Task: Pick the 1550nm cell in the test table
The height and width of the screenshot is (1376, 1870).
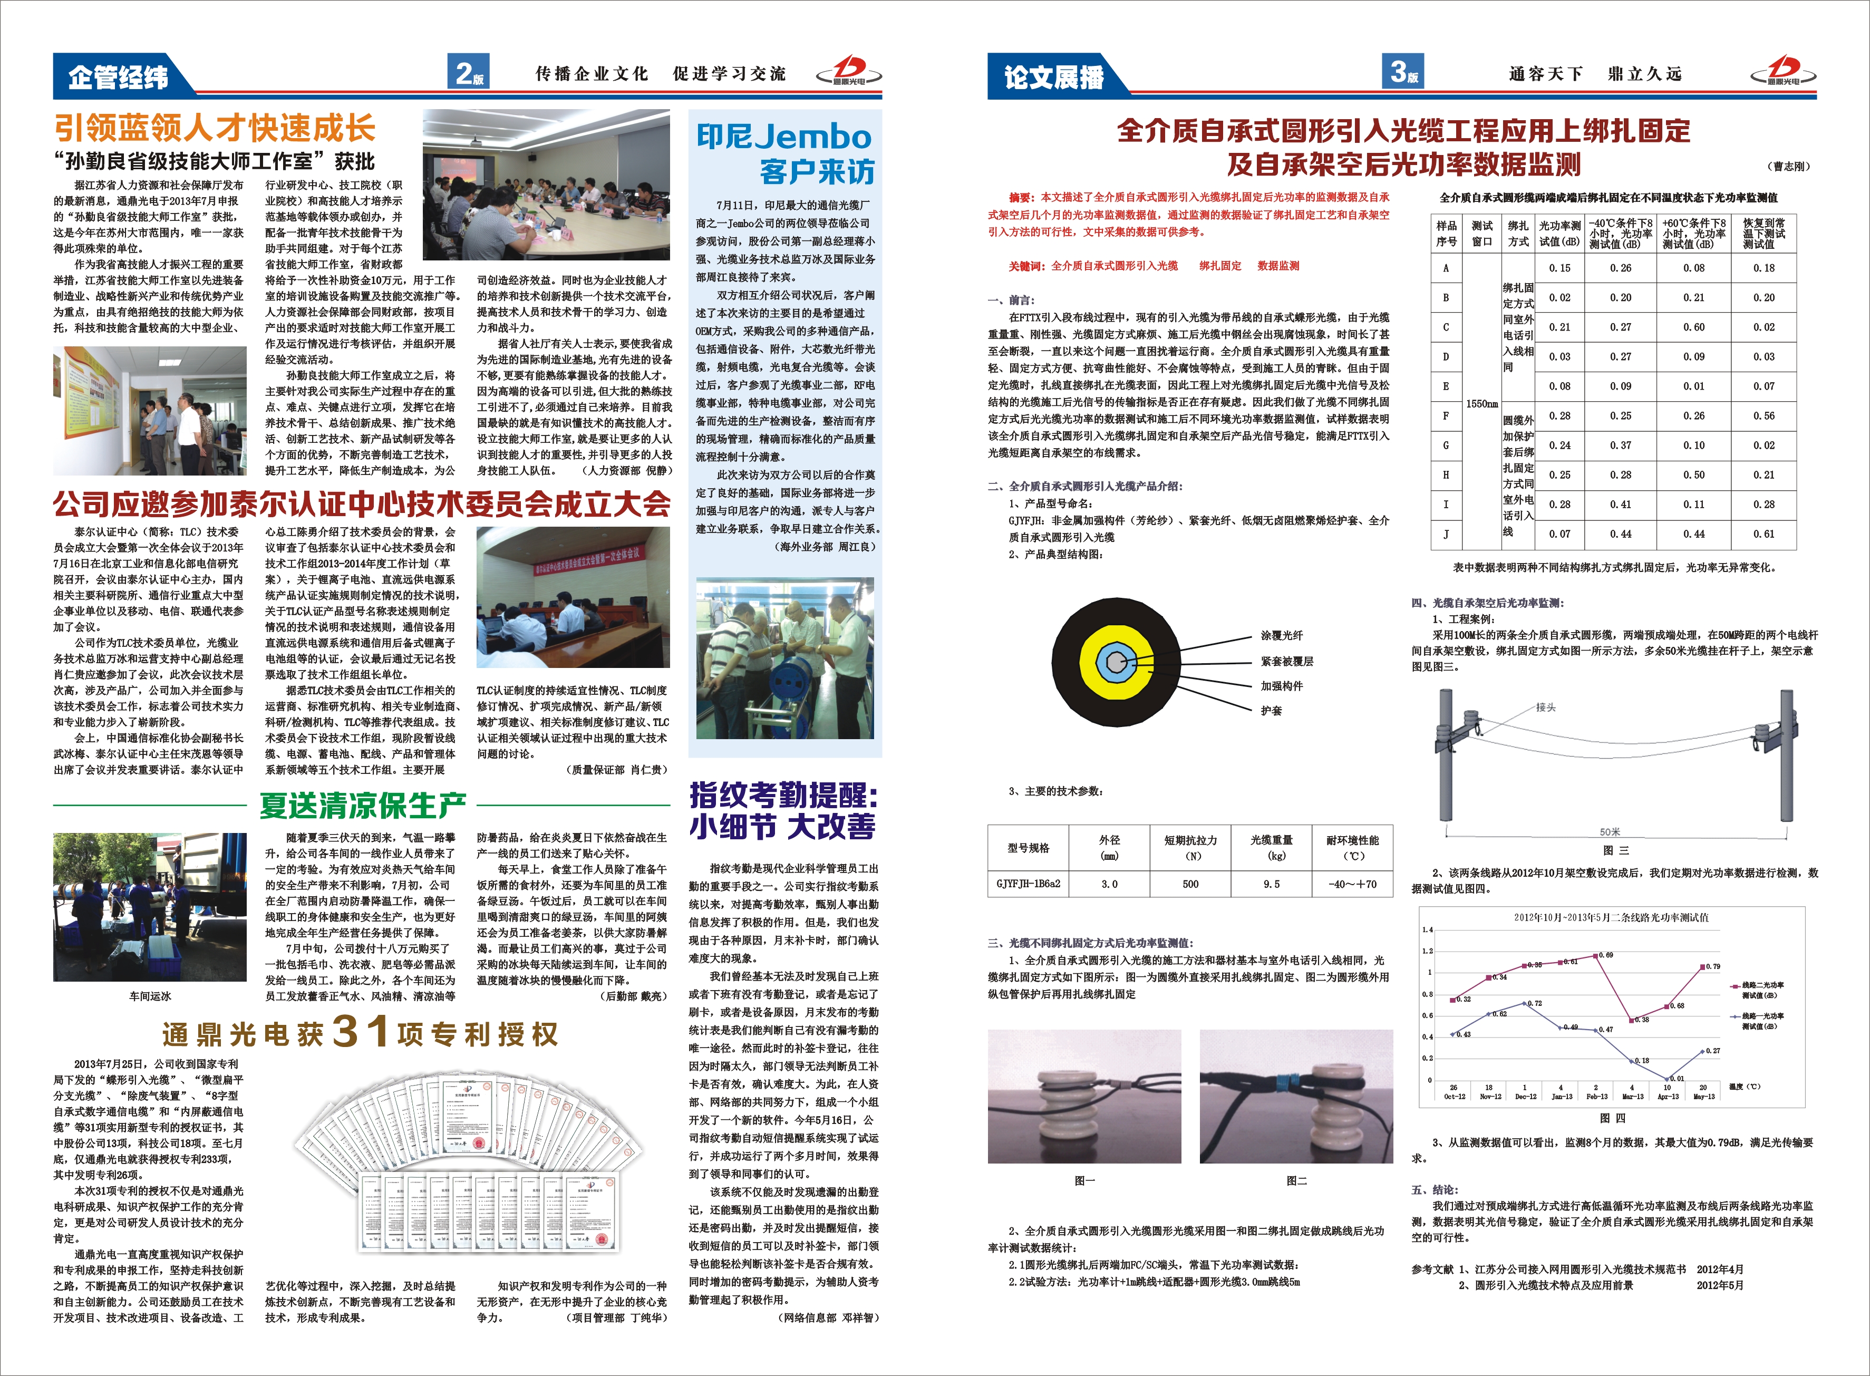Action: click(1482, 404)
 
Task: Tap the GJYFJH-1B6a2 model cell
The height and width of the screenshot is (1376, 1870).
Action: click(1028, 884)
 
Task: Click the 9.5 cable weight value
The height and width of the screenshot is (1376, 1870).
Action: click(1271, 884)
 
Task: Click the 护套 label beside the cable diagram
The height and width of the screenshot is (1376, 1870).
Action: click(1271, 711)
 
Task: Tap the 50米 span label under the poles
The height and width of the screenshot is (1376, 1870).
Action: click(1609, 832)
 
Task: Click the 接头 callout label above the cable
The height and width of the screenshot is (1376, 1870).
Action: click(1546, 707)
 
